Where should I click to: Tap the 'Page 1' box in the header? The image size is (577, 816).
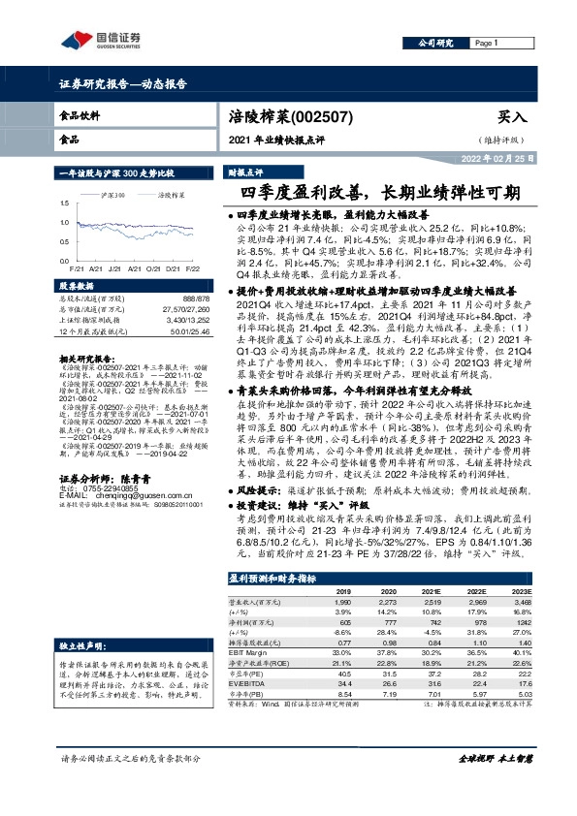tap(487, 44)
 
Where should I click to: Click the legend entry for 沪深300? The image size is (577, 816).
tap(112, 195)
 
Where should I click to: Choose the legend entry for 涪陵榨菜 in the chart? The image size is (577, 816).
tap(173, 195)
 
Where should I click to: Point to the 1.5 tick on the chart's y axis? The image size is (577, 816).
tap(65, 204)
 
